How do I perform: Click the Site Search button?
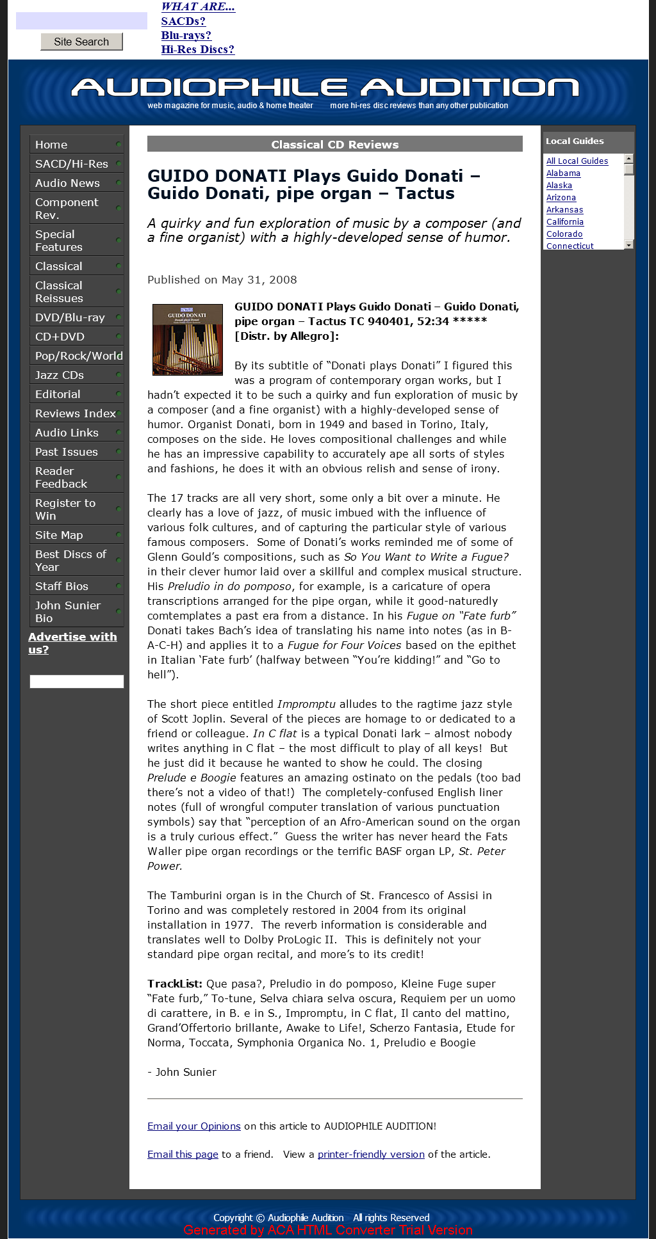(x=81, y=42)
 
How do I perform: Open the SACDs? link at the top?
(x=183, y=21)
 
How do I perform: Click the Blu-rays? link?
(x=186, y=35)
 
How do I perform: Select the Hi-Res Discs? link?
(x=197, y=49)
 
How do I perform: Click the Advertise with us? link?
(x=72, y=643)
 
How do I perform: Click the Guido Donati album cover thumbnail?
(x=188, y=339)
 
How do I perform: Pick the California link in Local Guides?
(x=565, y=222)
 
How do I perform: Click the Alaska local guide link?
(x=559, y=186)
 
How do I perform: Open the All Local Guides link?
(x=577, y=161)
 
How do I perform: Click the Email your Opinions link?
(x=194, y=1126)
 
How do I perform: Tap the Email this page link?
(x=183, y=1154)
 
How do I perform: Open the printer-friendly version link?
(x=371, y=1154)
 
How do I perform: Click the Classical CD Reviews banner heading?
(x=334, y=145)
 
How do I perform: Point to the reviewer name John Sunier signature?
(x=186, y=1072)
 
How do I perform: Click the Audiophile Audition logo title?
(x=325, y=88)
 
